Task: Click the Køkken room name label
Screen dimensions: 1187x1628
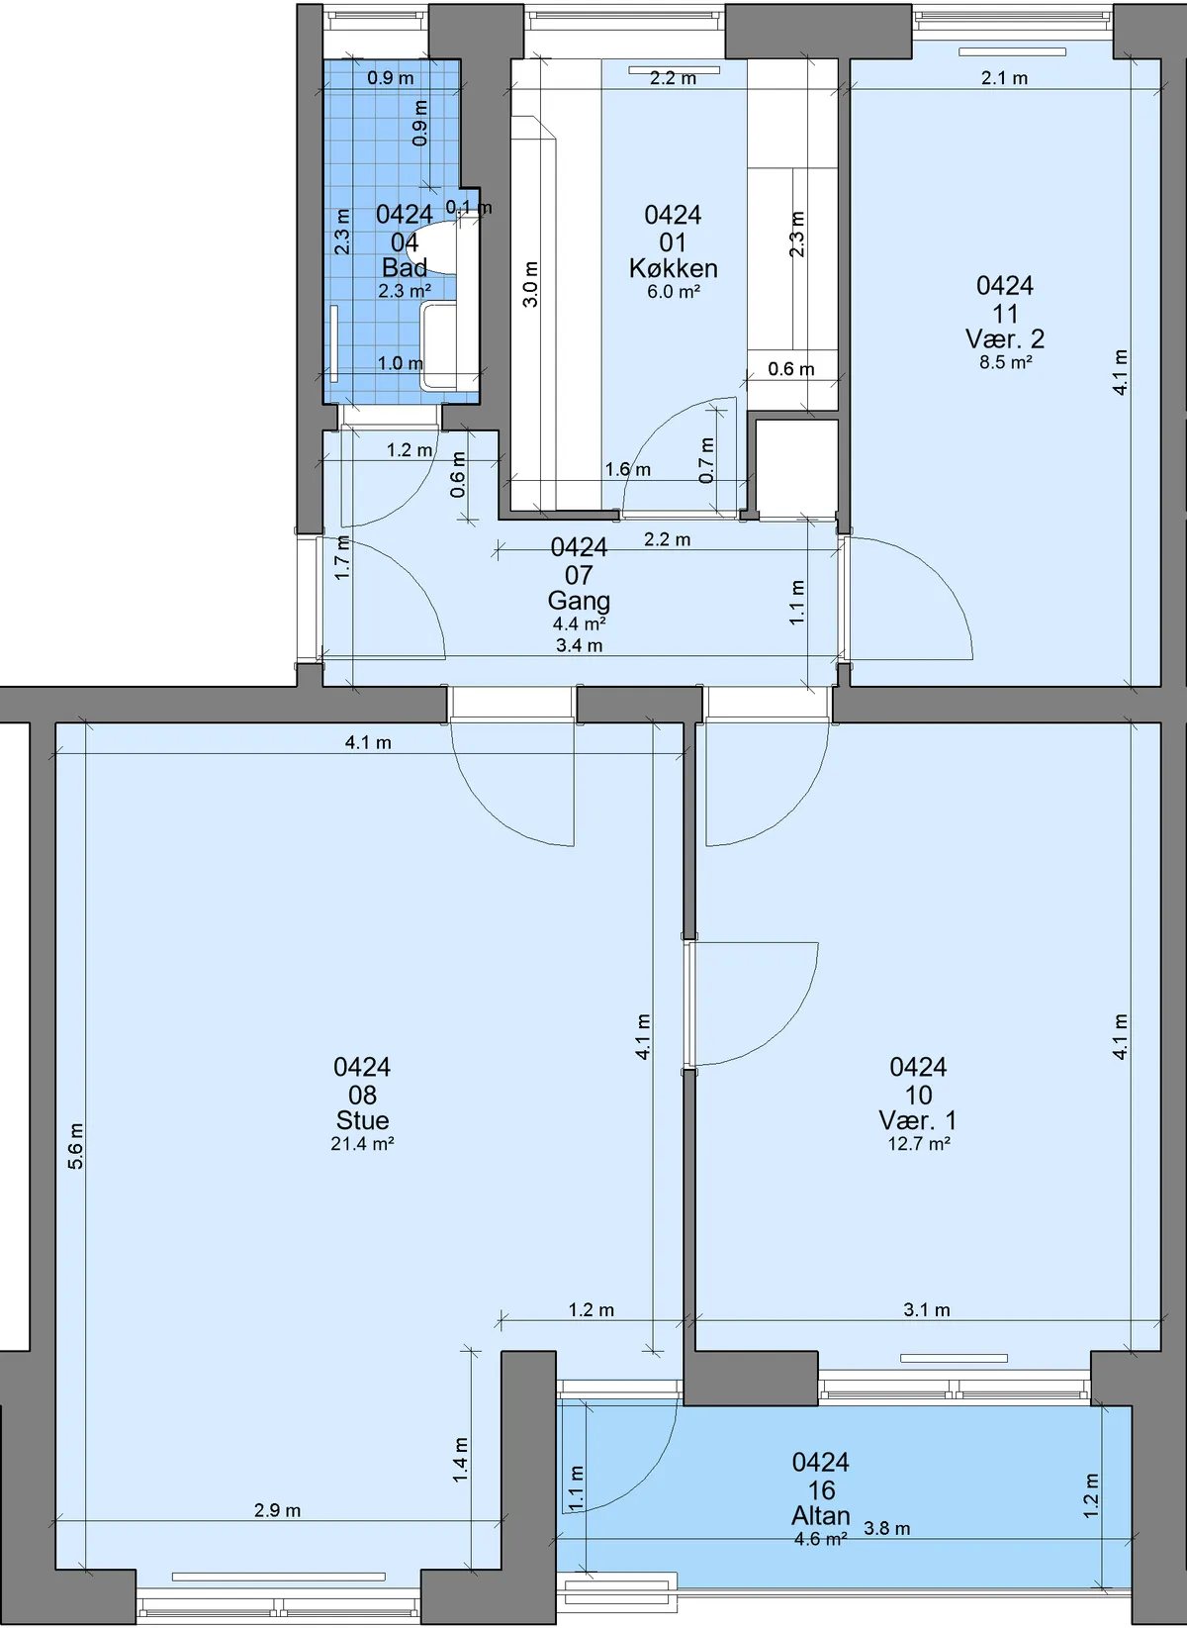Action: click(674, 268)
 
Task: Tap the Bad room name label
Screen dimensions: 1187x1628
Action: click(405, 267)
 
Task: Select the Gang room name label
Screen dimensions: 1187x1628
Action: click(579, 601)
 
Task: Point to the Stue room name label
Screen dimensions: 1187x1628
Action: click(362, 1120)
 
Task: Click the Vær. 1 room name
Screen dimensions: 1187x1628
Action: click(918, 1120)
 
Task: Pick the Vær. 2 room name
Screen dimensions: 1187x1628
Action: click(1005, 338)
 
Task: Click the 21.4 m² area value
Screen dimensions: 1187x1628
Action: click(362, 1144)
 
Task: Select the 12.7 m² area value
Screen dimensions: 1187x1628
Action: click(919, 1144)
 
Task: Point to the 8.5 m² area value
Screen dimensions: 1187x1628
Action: click(1006, 362)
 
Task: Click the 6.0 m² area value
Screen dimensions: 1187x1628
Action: click(674, 291)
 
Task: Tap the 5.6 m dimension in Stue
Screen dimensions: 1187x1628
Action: click(75, 1146)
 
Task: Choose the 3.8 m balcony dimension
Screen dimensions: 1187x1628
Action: click(887, 1528)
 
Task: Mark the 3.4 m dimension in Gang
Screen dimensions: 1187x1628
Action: click(579, 645)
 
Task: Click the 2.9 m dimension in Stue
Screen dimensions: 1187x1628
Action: click(278, 1510)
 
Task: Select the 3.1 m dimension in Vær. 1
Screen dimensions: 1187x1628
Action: click(927, 1309)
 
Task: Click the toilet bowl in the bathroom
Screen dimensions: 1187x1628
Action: click(431, 247)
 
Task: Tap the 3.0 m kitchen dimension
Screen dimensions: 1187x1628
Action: click(531, 284)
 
